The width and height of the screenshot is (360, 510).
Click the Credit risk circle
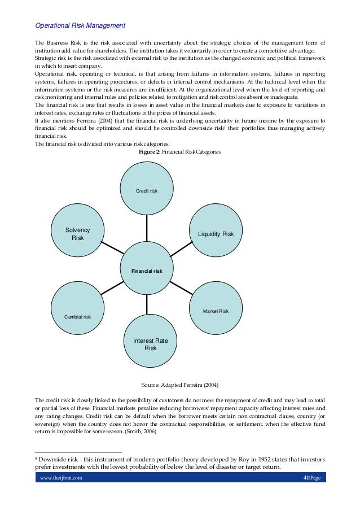click(147, 189)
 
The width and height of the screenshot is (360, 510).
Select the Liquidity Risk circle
click(215, 231)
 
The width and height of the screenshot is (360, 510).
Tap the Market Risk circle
click(215, 309)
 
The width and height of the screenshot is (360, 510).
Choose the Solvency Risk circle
click(78, 233)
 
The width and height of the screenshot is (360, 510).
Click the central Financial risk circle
click(147, 270)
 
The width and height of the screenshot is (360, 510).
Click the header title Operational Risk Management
click(80, 26)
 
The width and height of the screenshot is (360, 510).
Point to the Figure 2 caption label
click(151, 152)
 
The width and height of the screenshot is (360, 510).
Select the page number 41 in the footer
click(306, 478)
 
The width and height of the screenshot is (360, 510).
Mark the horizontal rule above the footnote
click(78, 452)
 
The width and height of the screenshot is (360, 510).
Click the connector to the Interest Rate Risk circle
click(147, 306)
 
